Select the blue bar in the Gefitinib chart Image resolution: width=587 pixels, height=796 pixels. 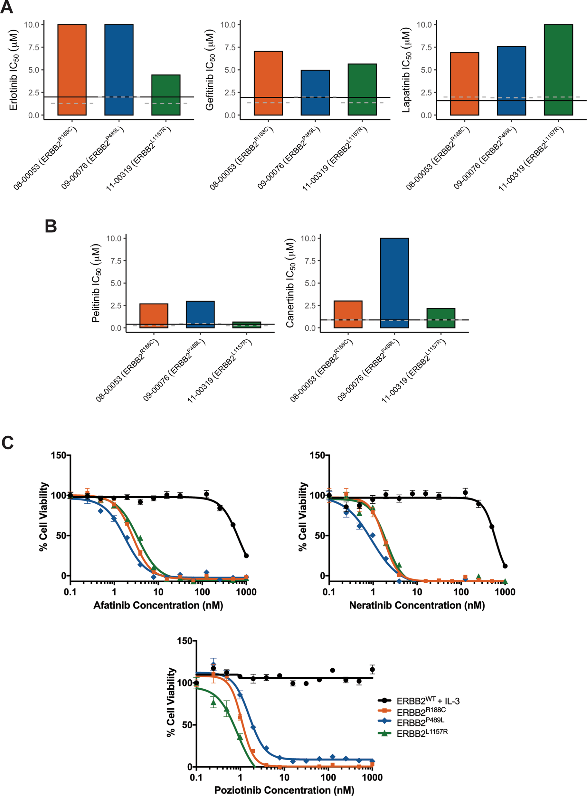click(x=315, y=92)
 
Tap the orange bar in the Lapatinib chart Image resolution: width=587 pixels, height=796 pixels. click(x=464, y=83)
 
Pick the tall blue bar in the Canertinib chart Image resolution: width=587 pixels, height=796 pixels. click(x=394, y=283)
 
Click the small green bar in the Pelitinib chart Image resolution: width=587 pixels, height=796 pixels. click(x=246, y=325)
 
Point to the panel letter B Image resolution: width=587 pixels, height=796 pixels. click(x=51, y=226)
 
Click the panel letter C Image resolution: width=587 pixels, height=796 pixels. click(x=7, y=443)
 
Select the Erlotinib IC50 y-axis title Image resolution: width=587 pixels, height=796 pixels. click(x=14, y=70)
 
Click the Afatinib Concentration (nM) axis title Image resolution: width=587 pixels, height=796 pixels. click(x=158, y=605)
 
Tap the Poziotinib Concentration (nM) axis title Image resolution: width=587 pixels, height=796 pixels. click(x=284, y=790)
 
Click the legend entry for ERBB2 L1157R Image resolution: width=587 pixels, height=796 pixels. click(x=422, y=733)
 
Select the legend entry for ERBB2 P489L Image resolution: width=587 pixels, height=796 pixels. click(x=420, y=723)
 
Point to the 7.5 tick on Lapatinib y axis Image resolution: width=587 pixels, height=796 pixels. click(x=426, y=47)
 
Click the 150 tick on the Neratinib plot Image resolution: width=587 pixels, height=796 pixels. click(x=317, y=455)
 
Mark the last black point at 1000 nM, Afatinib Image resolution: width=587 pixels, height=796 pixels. click(x=246, y=556)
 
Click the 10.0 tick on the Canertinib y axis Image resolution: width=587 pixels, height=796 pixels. click(x=308, y=238)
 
